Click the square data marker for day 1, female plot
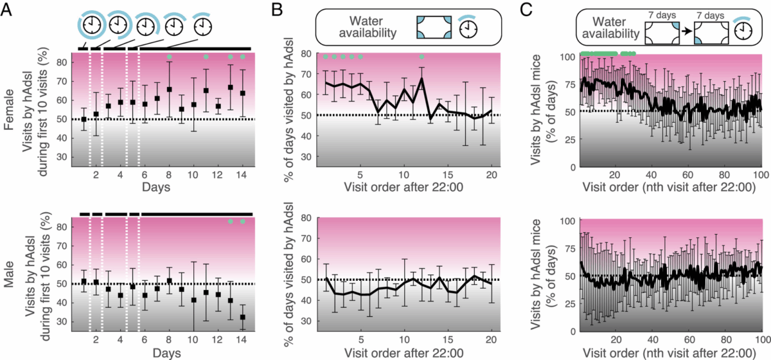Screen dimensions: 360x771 point(84,120)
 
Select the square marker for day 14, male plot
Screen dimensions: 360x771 point(243,317)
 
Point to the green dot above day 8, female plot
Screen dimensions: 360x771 point(170,57)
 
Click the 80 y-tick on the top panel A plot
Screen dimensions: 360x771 point(63,62)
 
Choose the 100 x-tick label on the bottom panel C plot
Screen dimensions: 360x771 point(760,339)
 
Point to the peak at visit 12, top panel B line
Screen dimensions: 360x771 point(421,79)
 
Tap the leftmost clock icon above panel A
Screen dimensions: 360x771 point(91,26)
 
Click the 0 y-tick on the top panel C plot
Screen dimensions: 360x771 point(571,166)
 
